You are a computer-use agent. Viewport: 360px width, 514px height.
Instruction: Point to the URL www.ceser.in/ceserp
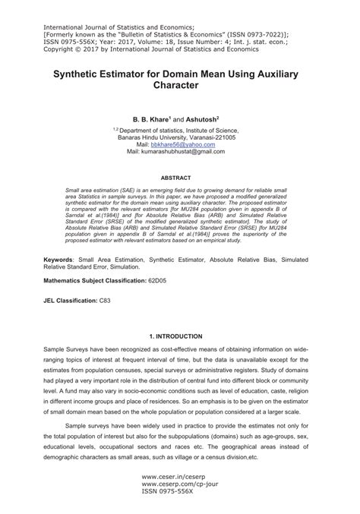pyautogui.click(x=173, y=479)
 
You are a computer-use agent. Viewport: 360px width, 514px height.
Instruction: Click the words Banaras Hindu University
pyautogui.click(x=159, y=137)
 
